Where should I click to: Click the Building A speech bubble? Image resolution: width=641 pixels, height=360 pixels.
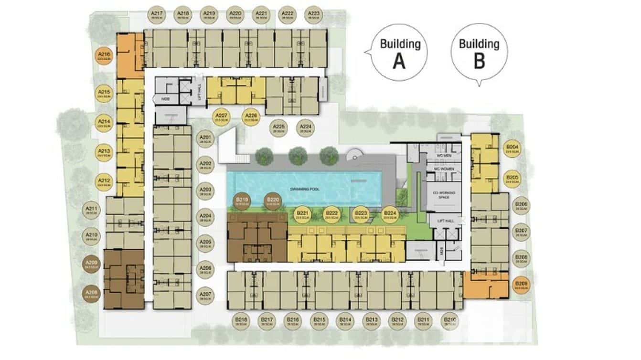pyautogui.click(x=400, y=52)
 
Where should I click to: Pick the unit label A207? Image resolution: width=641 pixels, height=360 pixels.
pyautogui.click(x=205, y=296)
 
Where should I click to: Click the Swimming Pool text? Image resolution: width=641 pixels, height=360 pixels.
pyautogui.click(x=304, y=189)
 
